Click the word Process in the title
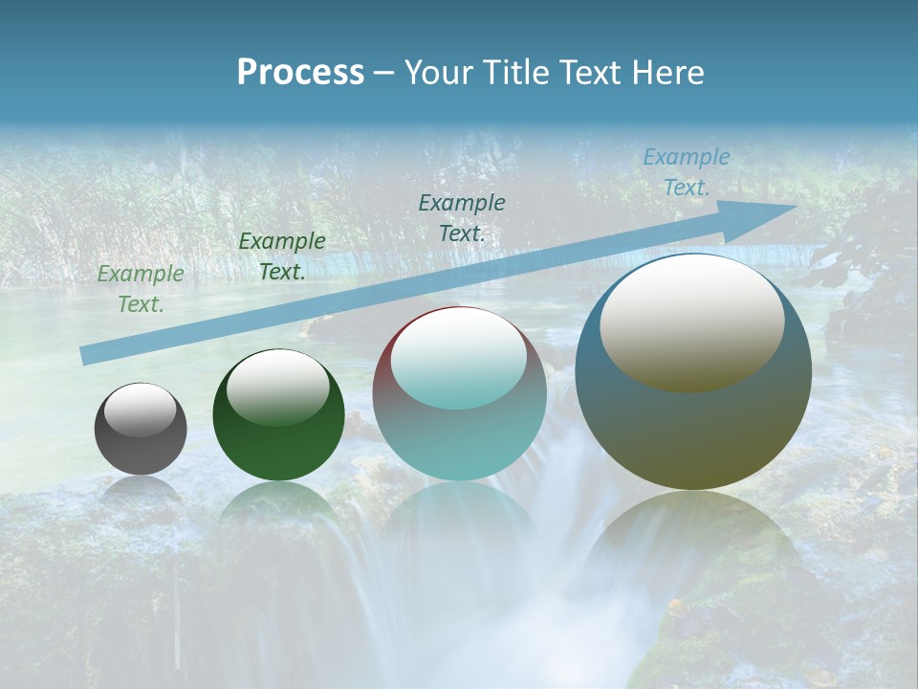tap(300, 73)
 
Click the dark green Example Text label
tap(282, 256)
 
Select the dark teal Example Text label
tap(462, 218)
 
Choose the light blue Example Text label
tap(687, 172)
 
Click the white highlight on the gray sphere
tap(141, 410)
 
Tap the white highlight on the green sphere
tap(278, 386)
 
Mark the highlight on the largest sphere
tap(692, 321)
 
